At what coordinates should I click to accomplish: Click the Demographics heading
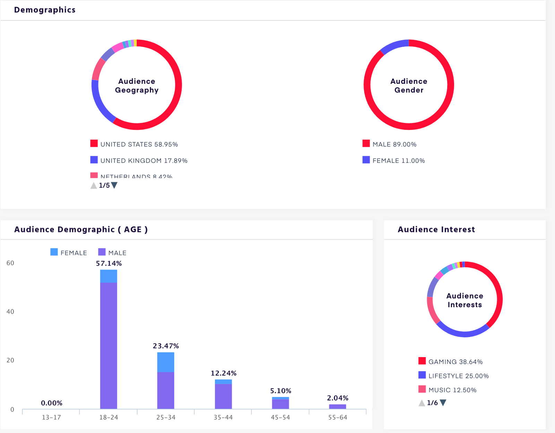[45, 10]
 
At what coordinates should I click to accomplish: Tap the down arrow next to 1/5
[114, 185]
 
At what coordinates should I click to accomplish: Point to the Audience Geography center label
[137, 86]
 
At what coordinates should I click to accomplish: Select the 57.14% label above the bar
[109, 264]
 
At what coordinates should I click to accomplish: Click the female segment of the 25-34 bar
[166, 362]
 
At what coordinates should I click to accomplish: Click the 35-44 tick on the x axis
[223, 417]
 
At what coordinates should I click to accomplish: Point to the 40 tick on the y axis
[10, 312]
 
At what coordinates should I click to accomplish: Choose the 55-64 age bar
[338, 407]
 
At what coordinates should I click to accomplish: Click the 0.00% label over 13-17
[52, 403]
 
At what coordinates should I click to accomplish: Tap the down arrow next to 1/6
[443, 403]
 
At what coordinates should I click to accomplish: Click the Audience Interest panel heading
[436, 230]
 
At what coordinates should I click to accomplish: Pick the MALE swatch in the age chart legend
[102, 252]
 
